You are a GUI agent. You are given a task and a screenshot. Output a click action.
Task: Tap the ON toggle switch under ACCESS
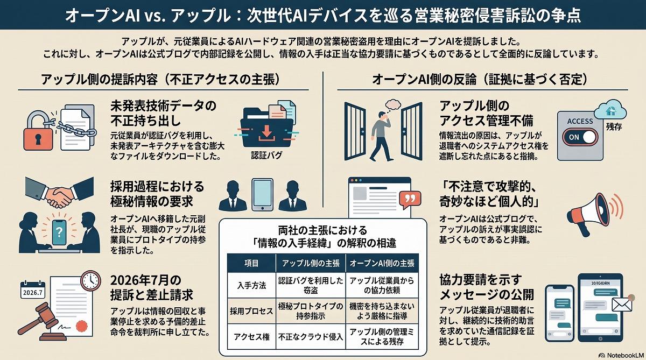click(x=580, y=137)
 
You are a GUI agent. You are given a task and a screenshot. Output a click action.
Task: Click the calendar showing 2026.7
click(x=33, y=290)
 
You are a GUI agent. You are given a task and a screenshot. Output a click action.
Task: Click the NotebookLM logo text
click(x=625, y=355)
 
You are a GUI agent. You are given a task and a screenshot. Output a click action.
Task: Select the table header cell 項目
click(x=251, y=263)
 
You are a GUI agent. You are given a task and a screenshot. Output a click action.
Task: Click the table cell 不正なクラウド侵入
click(x=311, y=337)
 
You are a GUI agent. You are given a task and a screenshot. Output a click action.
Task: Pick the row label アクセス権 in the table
click(x=251, y=337)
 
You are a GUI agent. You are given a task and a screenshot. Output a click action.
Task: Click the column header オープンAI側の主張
click(x=382, y=263)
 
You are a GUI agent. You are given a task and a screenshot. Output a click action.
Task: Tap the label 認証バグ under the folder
click(x=266, y=156)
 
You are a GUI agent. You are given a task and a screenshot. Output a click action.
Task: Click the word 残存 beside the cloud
click(x=614, y=126)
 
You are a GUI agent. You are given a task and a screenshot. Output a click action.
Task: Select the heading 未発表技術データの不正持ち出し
click(x=163, y=114)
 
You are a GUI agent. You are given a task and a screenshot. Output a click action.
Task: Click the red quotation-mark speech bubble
click(x=410, y=200)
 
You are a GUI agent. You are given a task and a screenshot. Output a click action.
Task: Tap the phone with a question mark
click(x=59, y=232)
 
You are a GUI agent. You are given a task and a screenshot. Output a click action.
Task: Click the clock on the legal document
click(x=91, y=280)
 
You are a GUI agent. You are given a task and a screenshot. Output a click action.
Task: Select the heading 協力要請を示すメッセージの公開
click(x=487, y=287)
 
